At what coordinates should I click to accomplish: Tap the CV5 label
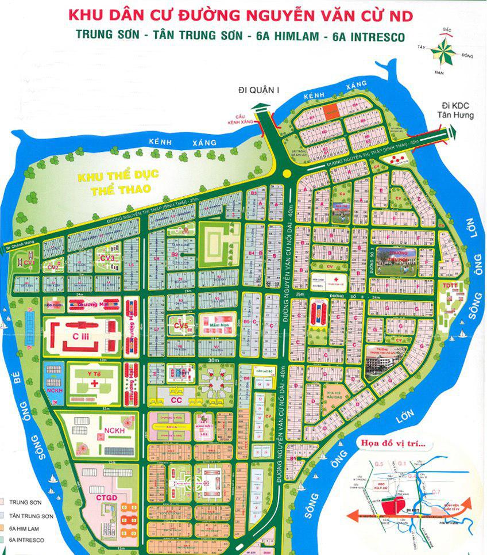click(x=181, y=327)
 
